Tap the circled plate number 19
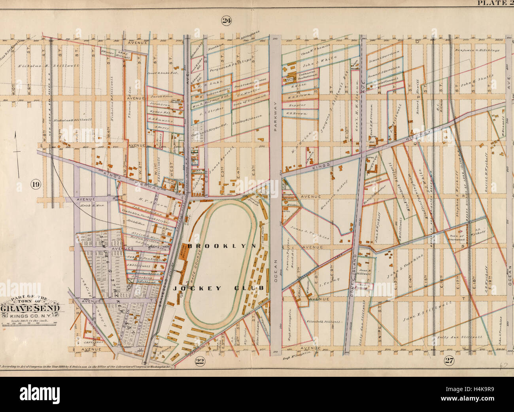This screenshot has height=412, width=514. pyautogui.click(x=36, y=184)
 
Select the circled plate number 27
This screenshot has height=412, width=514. pyautogui.click(x=448, y=360)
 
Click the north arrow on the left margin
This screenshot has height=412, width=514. pyautogui.click(x=16, y=152)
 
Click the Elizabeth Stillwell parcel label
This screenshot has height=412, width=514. pyautogui.click(x=324, y=321)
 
